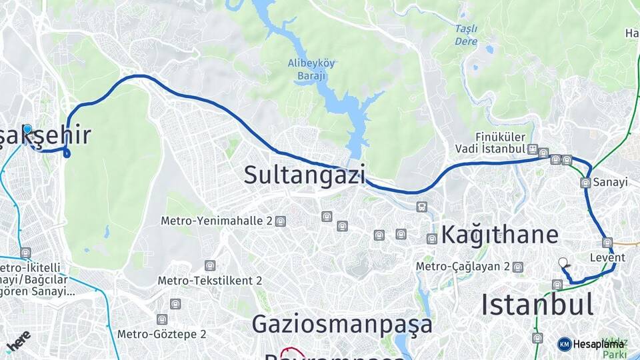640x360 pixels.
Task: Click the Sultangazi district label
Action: point(304,175)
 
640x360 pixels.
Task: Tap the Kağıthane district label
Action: point(499,235)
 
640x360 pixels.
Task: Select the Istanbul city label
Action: point(537,305)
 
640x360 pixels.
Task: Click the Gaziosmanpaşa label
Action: point(342,324)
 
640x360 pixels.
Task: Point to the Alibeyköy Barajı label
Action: point(311,69)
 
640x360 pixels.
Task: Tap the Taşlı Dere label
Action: point(466,35)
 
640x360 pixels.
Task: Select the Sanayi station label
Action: point(611,182)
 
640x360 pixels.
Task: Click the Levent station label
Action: point(607,257)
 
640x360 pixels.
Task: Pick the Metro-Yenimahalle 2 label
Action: point(217,221)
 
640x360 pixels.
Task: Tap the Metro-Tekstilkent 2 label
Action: point(209,281)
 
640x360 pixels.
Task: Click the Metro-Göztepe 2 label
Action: point(161,334)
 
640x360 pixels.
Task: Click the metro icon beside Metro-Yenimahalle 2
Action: point(281,221)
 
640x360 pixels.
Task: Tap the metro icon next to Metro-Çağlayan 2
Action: point(518,267)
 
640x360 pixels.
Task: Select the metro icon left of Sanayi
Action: point(585,183)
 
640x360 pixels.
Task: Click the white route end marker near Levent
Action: point(563,263)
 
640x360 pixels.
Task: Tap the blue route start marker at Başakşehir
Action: point(27,129)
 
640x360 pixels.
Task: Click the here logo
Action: point(18,339)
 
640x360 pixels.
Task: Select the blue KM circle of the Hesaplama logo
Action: point(564,344)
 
